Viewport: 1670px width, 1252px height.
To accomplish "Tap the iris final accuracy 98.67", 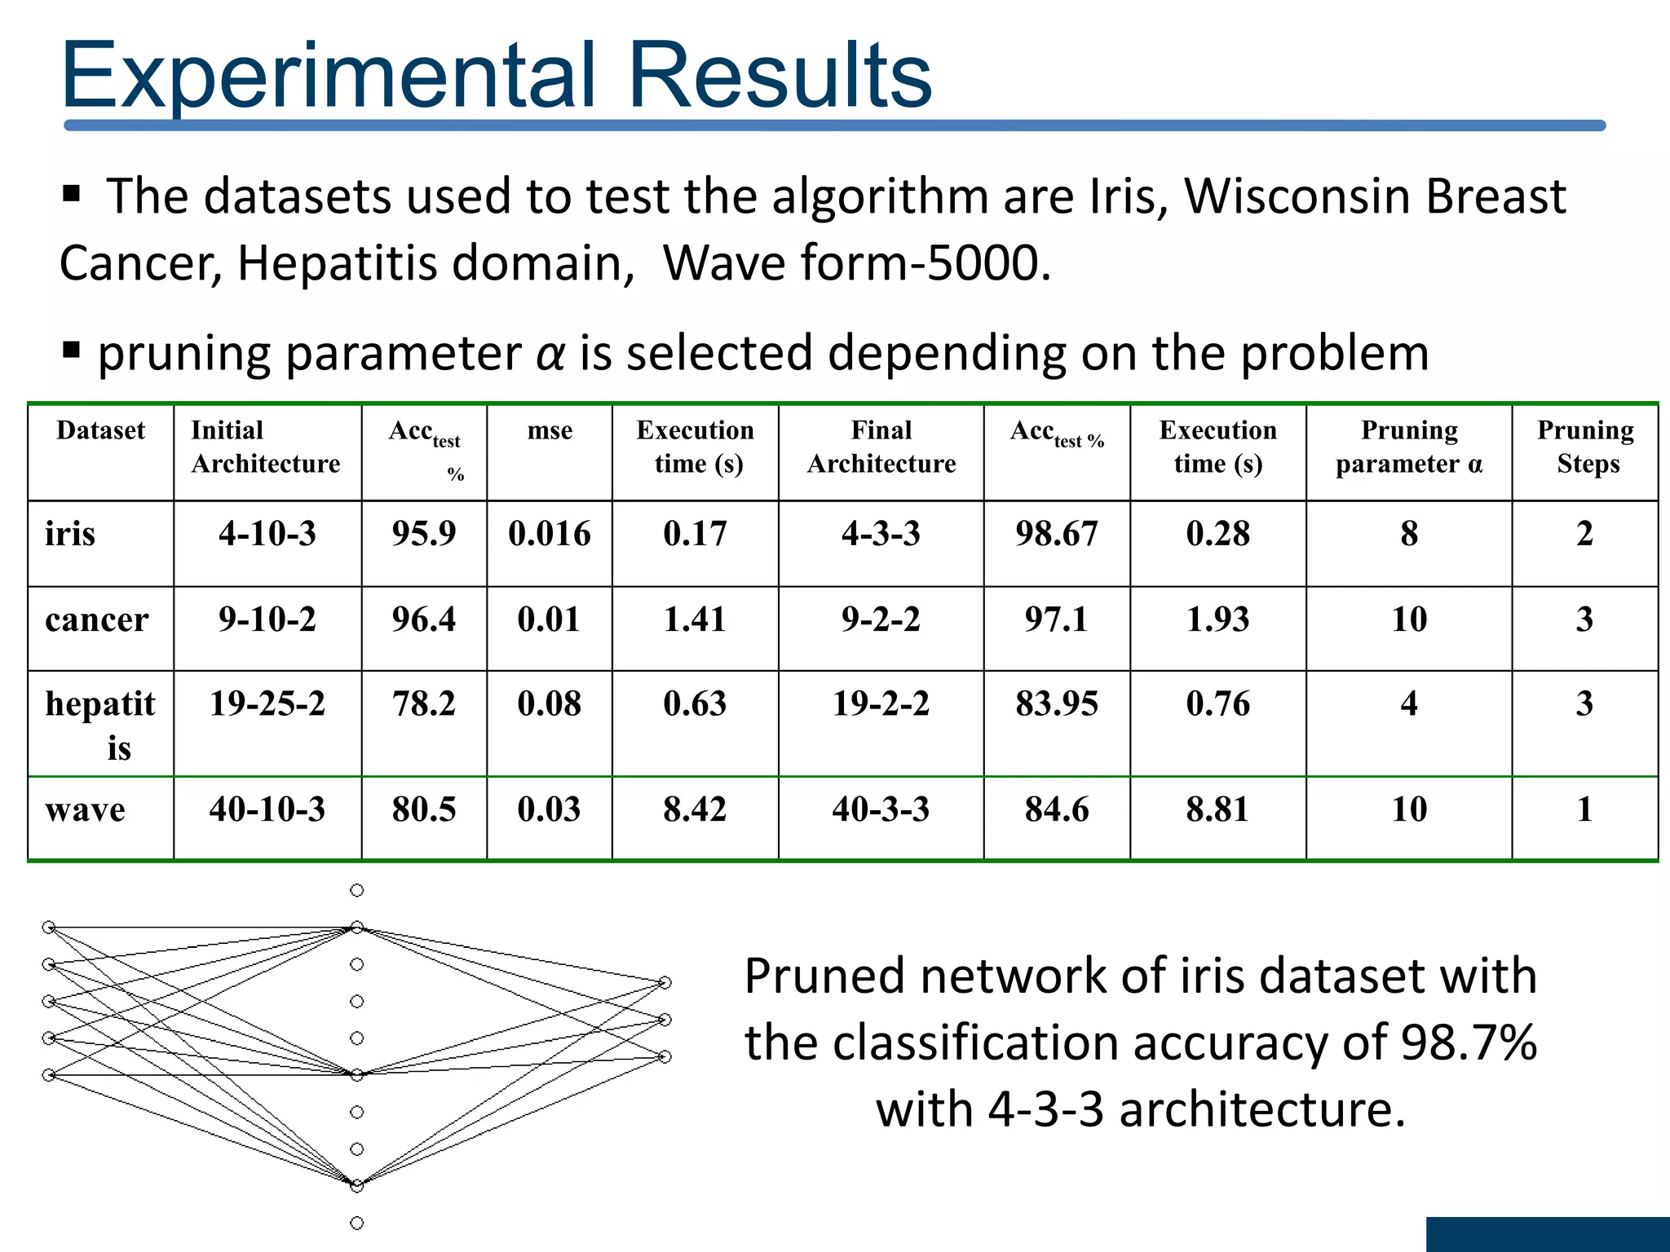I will (1056, 534).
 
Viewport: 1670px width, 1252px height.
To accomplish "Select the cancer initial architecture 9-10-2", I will (267, 619).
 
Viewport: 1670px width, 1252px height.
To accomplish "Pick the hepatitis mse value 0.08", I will (549, 703).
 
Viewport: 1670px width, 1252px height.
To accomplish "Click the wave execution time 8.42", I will (694, 809).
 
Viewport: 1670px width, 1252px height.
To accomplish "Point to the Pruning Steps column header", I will (1585, 447).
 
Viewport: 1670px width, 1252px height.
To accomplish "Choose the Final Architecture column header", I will (881, 447).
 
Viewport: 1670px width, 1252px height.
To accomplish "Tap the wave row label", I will (85, 810).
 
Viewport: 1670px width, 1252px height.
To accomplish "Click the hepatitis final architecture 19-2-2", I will (881, 703).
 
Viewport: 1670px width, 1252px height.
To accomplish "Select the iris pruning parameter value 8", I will (1408, 534).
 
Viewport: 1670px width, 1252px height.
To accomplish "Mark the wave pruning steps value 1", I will (1584, 809).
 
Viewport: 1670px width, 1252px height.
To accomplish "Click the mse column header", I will (550, 430).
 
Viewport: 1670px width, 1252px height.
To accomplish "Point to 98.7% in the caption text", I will (1468, 1043).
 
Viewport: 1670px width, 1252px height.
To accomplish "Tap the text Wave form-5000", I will (856, 263).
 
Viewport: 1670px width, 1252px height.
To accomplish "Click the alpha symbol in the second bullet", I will (550, 354).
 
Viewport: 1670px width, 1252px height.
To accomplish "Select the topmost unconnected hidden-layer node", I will (356, 890).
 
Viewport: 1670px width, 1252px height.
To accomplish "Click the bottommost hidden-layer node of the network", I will (356, 1223).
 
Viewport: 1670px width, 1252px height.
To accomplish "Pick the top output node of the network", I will (665, 983).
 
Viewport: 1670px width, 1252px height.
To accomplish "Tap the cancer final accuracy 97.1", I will (1056, 619).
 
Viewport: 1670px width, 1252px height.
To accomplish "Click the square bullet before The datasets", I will (72, 194).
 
